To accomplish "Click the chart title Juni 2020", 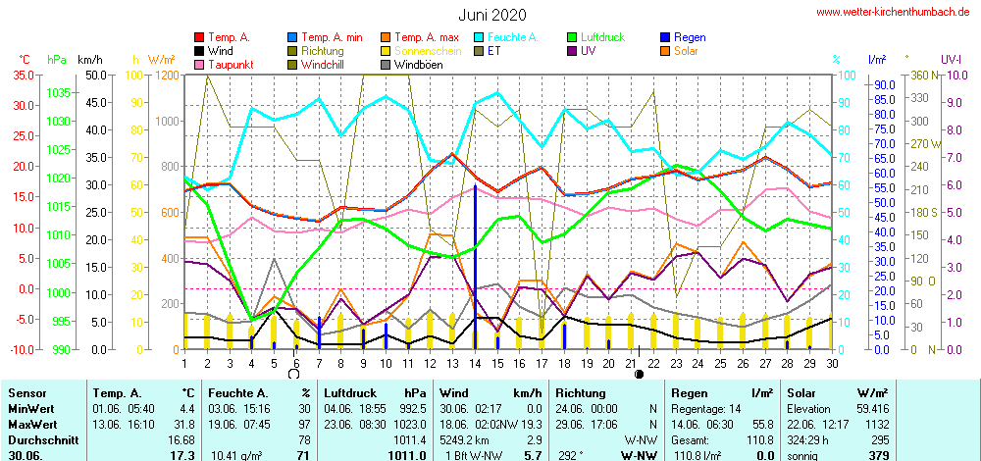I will [491, 15].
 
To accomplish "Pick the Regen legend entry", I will [690, 37].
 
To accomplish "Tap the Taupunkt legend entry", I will [231, 65].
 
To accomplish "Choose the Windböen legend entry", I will [420, 65].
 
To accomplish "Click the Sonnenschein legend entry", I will [427, 51].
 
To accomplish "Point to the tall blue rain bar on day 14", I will [475, 265].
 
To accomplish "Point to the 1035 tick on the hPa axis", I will [57, 92].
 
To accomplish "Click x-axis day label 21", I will [631, 362].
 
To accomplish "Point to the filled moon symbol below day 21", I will [639, 374].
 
